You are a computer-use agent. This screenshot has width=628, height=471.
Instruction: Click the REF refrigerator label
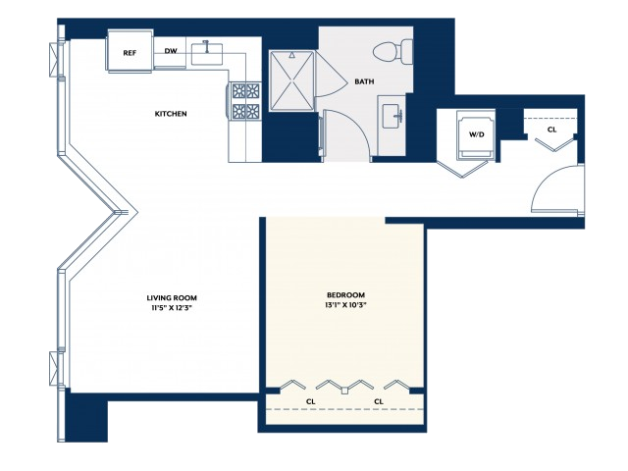click(x=130, y=53)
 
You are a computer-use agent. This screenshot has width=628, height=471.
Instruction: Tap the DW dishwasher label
click(x=171, y=51)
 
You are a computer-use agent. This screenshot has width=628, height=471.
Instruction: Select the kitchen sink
click(x=207, y=53)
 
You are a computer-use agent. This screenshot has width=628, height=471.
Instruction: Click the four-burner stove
click(x=245, y=101)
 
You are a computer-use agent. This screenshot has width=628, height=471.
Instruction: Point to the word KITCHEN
click(x=171, y=114)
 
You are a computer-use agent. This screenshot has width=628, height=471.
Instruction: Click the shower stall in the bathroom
click(x=291, y=80)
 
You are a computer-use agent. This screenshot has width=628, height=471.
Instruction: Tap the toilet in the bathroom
click(x=392, y=51)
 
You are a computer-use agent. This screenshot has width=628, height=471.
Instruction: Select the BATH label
click(x=364, y=81)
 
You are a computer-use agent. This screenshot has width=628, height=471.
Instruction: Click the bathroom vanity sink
click(x=392, y=116)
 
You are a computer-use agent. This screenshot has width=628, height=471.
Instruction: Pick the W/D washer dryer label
click(x=477, y=134)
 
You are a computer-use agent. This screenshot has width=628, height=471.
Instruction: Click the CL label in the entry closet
click(x=551, y=130)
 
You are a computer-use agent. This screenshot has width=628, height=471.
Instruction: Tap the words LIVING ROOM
click(x=172, y=298)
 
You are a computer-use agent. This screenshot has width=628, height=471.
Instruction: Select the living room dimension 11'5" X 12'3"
click(x=172, y=308)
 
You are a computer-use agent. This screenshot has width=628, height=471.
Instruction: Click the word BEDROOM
click(x=346, y=295)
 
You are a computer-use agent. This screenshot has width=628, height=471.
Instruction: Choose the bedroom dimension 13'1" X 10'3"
click(x=346, y=305)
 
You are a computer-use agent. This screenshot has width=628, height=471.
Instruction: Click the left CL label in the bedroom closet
click(x=311, y=401)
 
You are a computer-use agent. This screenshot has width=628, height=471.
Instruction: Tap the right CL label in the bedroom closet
click(x=379, y=401)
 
